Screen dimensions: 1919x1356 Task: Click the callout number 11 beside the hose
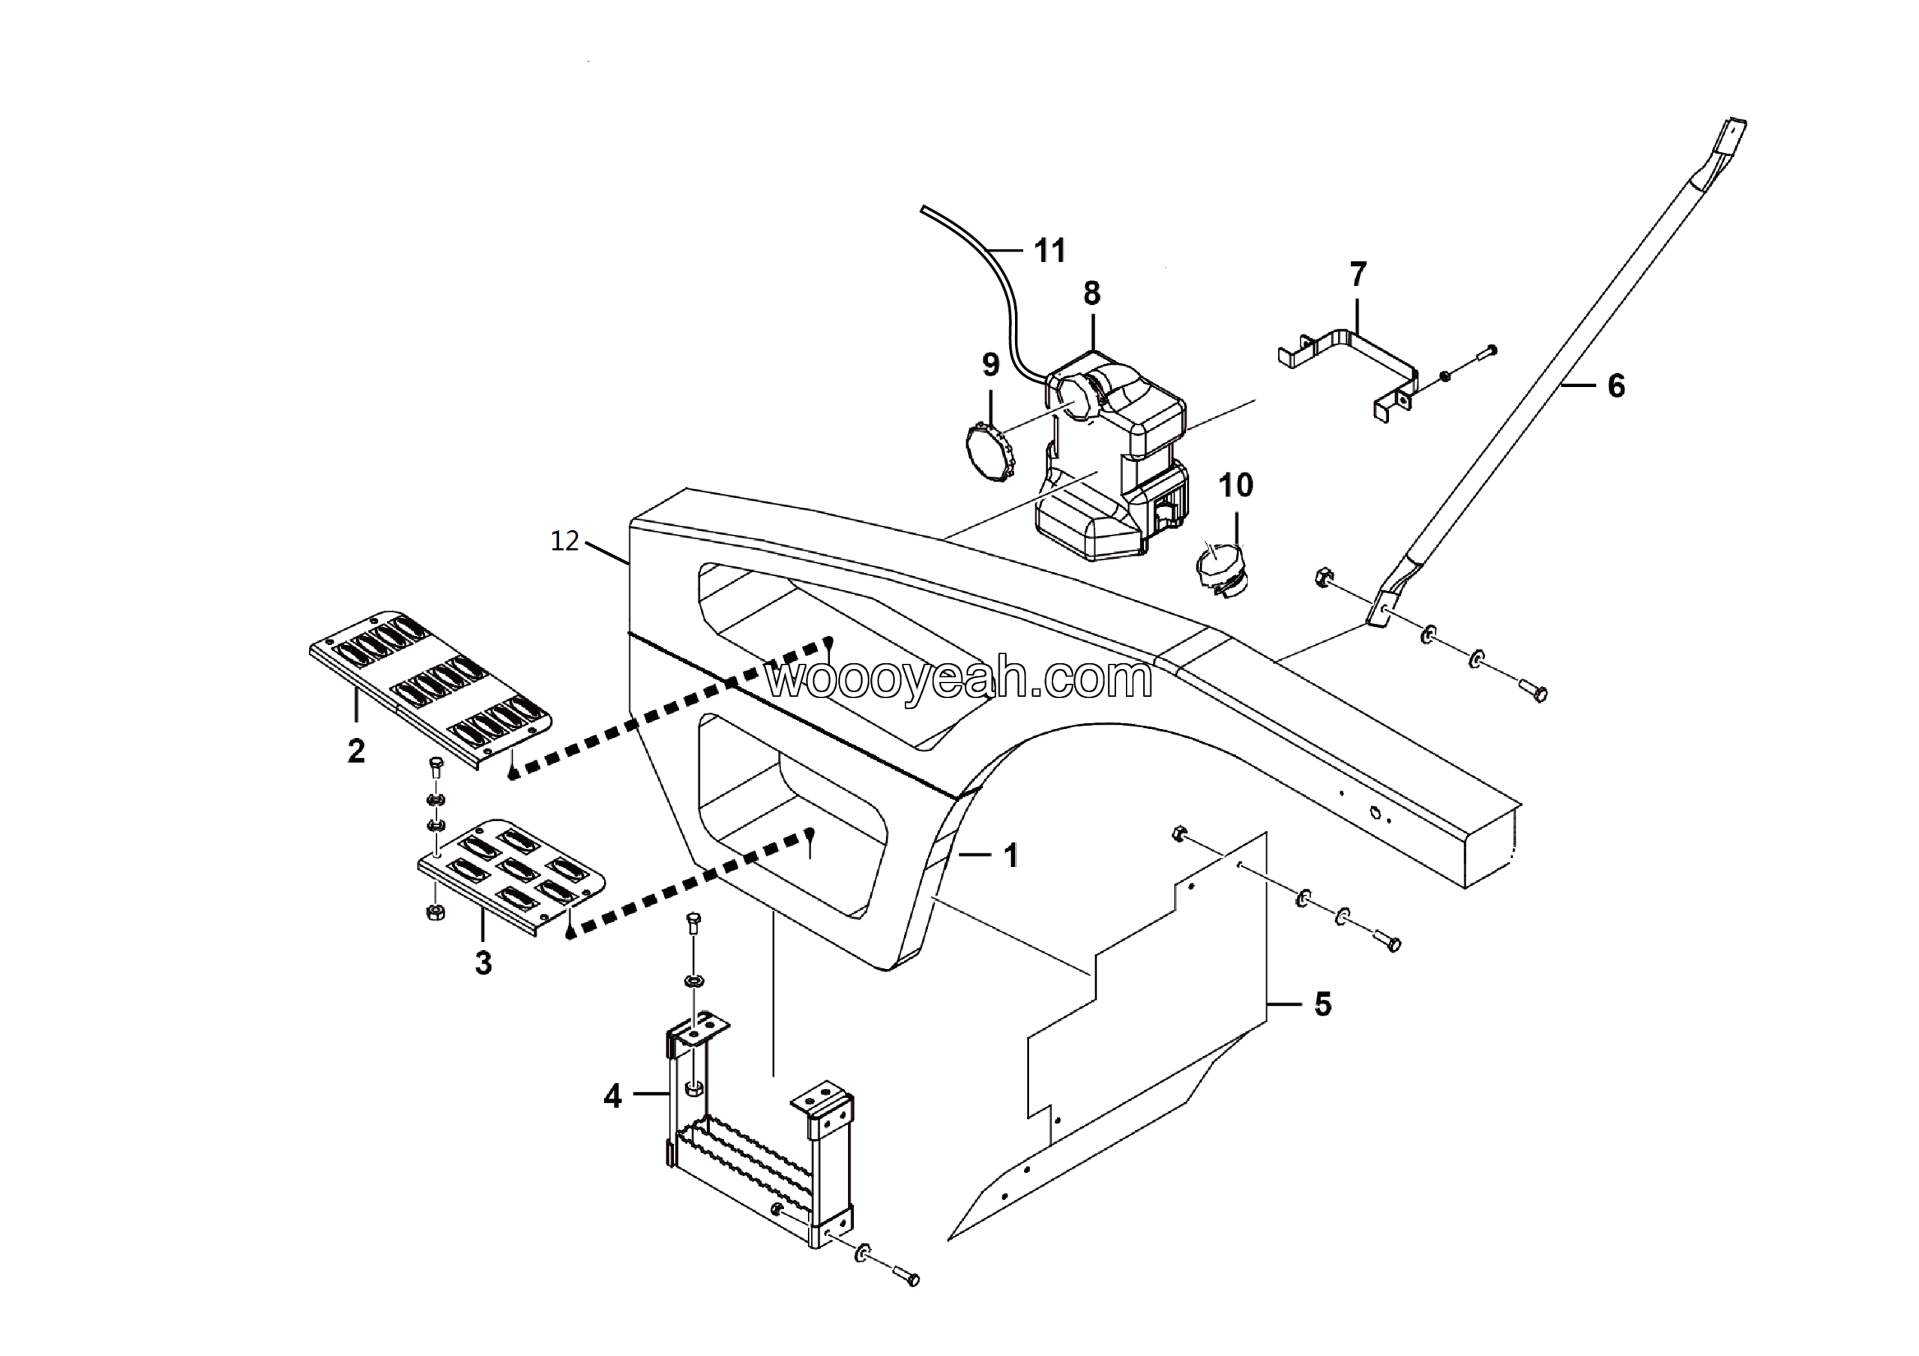pos(1049,250)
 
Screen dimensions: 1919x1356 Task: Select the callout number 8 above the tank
pos(1091,293)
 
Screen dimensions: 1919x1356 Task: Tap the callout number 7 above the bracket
pos(1358,274)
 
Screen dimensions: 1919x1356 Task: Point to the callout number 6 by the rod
pos(1616,385)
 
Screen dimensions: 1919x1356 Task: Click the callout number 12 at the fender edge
pos(565,541)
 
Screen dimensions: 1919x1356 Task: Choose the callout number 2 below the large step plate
pos(357,751)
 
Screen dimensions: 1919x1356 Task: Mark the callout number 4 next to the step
pos(612,1096)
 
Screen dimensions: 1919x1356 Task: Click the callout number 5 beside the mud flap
pos(1322,1004)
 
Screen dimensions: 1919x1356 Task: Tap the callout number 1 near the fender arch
pos(1011,855)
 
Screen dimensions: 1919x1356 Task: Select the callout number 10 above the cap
pos(1236,485)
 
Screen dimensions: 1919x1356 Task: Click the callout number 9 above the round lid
pos(990,364)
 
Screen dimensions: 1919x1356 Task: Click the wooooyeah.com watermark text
pos(959,679)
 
